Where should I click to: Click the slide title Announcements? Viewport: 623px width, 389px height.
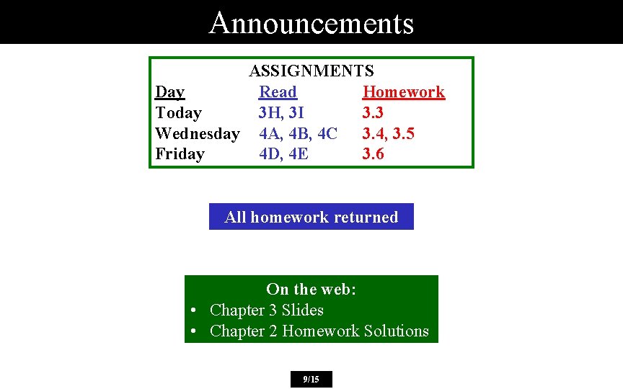click(x=311, y=22)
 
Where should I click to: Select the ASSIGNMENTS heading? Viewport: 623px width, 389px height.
click(x=311, y=71)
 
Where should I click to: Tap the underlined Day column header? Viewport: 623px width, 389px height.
click(x=170, y=92)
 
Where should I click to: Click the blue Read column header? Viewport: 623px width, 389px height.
click(x=278, y=92)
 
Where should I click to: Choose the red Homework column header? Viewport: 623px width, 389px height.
click(x=403, y=92)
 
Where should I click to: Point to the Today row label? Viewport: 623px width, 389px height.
click(x=178, y=113)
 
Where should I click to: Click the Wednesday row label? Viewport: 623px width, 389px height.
click(x=198, y=134)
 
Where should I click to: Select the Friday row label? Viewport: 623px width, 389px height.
click(x=180, y=154)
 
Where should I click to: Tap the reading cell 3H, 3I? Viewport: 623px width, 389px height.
click(x=281, y=113)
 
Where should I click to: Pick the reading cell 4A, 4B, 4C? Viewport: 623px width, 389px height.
click(x=298, y=134)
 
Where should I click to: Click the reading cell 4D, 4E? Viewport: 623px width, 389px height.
click(x=283, y=154)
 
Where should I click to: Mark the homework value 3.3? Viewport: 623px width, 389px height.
click(x=373, y=113)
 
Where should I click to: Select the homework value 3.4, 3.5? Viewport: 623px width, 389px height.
click(x=388, y=134)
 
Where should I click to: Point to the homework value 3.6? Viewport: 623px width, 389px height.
click(x=373, y=154)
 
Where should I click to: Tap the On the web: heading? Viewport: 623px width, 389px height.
click(x=311, y=290)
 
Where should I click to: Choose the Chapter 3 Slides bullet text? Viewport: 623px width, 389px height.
click(x=266, y=310)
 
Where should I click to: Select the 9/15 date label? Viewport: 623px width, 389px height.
click(x=311, y=379)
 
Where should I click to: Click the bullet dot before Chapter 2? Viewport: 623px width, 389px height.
click(x=195, y=331)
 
